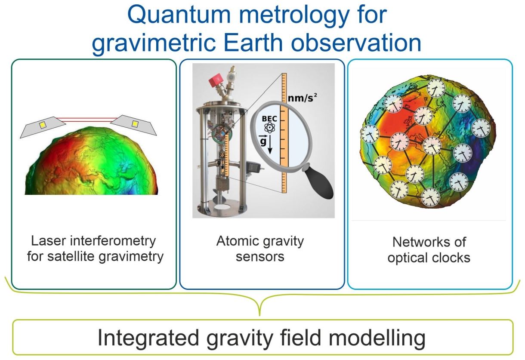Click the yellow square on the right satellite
pyautogui.click(x=135, y=123)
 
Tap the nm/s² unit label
pyautogui.click(x=303, y=98)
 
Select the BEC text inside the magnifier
pyautogui.click(x=269, y=119)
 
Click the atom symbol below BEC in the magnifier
pyautogui.click(x=269, y=128)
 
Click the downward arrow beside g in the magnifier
pyautogui.click(x=270, y=145)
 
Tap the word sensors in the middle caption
pyautogui.click(x=260, y=257)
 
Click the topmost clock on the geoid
pyautogui.click(x=435, y=88)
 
